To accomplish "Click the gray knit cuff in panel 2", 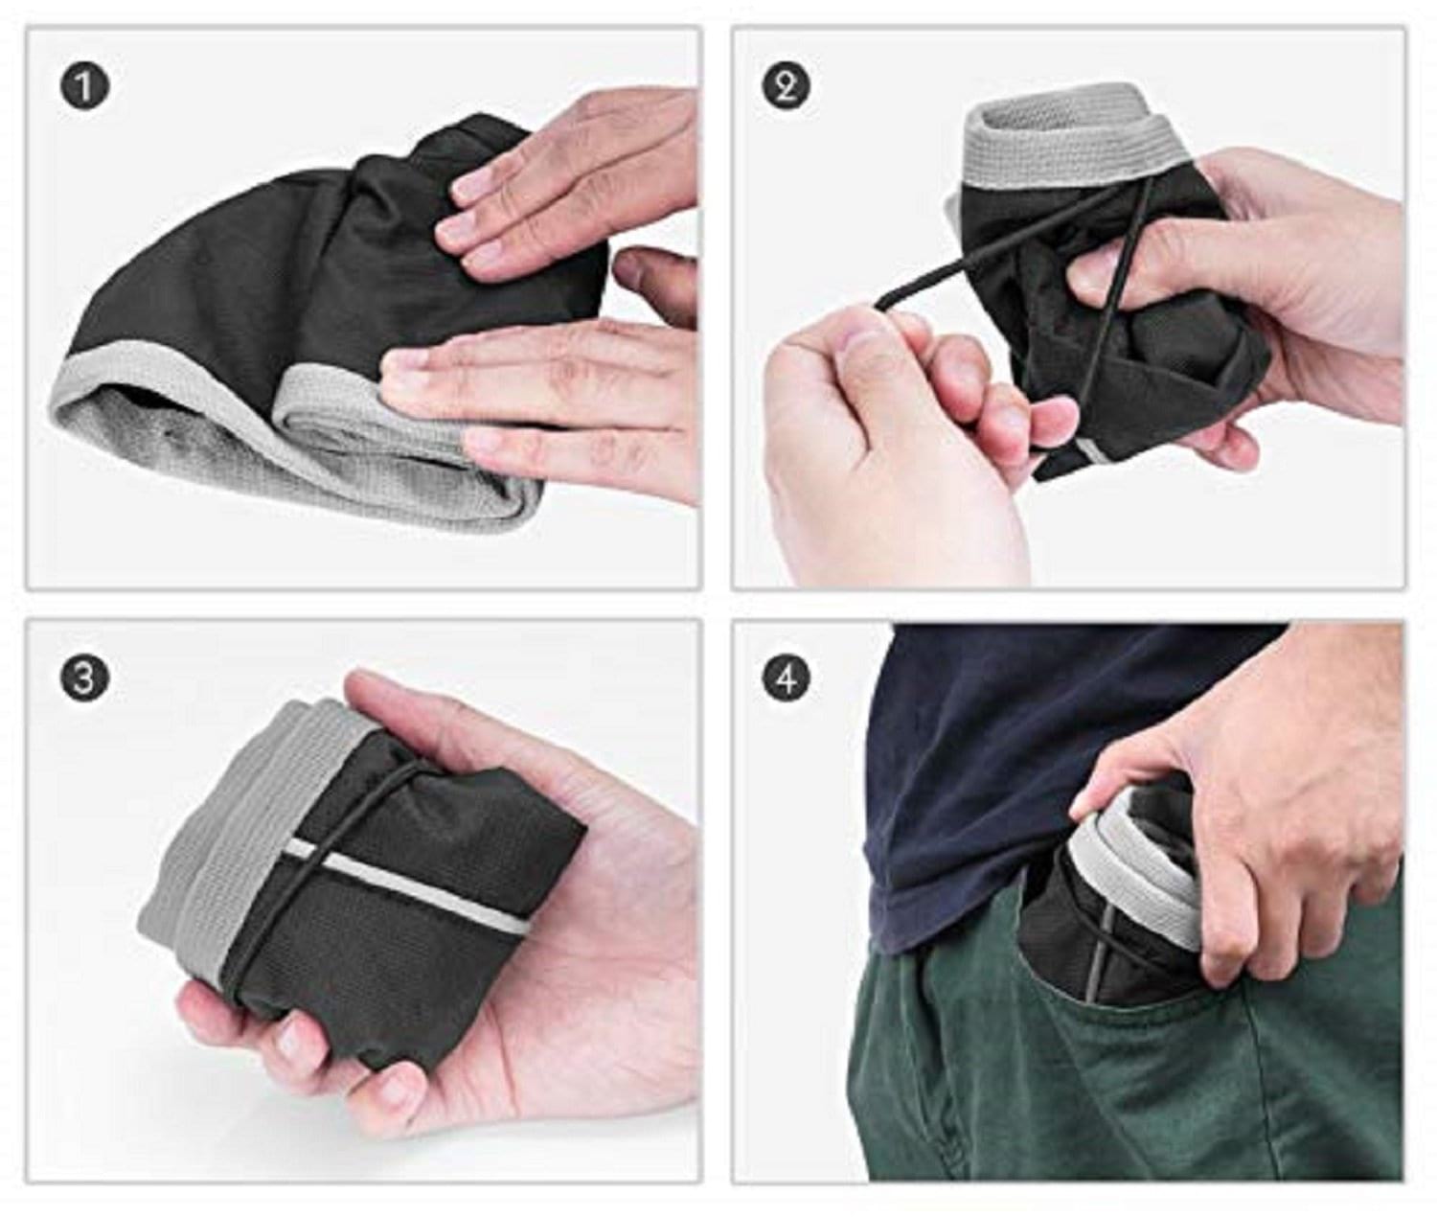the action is point(1063,146).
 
